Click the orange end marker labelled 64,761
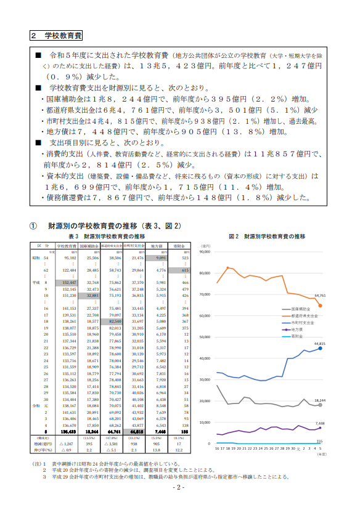point(320,306)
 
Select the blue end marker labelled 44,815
point(320,348)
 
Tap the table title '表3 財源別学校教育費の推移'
point(107,237)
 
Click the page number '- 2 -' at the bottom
point(179,488)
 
